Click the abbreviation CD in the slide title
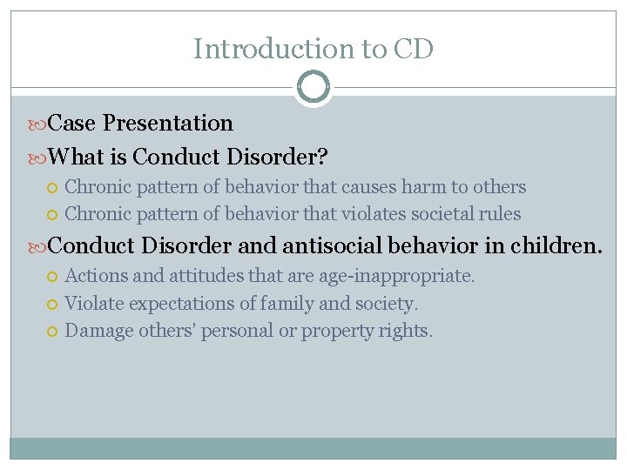click(x=413, y=49)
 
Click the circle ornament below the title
click(x=313, y=87)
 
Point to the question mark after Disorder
click(x=322, y=157)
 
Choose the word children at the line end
click(x=554, y=245)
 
